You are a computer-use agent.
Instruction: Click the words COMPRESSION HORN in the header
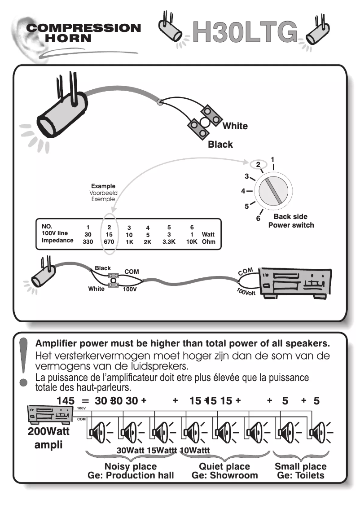[x=83, y=32]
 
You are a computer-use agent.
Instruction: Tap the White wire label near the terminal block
[x=235, y=126]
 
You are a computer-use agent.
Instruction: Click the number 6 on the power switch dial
[x=259, y=218]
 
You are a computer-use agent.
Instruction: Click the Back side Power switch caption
[x=291, y=221]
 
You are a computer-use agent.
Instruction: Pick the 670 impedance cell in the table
[x=109, y=241]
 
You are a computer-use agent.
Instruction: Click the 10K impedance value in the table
[x=192, y=241]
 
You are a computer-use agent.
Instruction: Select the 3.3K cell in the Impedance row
[x=169, y=241]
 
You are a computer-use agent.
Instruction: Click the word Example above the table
[x=103, y=186]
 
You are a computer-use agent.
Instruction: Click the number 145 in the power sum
[x=66, y=401]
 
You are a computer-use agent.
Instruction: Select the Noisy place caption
[x=131, y=467]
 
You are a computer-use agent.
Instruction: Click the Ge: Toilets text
[x=300, y=475]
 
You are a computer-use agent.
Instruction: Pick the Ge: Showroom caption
[x=224, y=475]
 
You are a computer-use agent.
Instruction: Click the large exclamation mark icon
[x=24, y=359]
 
